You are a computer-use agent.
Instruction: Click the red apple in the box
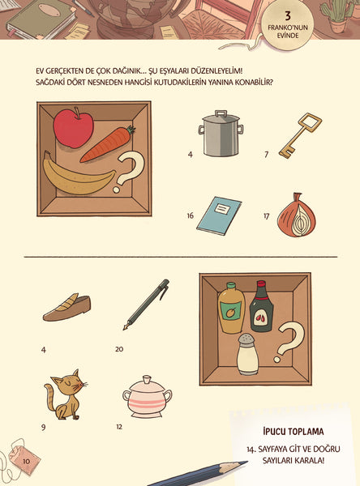coord(73,128)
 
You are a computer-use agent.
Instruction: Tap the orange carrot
coord(107,144)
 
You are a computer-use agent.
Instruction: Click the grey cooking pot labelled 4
coord(221,134)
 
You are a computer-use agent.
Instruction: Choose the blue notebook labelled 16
coord(219,215)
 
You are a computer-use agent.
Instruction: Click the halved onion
coord(297,215)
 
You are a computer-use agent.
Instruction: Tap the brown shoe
coord(67,308)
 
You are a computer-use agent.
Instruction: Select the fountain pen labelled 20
coord(147,305)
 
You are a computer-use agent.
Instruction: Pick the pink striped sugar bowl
coord(147,397)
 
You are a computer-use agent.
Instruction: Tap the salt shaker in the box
coord(247,354)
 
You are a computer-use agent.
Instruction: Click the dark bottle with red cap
coord(262,306)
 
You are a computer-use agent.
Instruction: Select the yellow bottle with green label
coord(231,308)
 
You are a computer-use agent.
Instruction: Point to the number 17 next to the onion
coord(266,215)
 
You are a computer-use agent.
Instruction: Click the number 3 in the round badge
coord(288,16)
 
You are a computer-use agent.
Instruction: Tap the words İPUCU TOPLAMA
coord(293,431)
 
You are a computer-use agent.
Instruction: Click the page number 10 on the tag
coord(26,461)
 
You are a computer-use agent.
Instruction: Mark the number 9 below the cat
coord(44,427)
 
